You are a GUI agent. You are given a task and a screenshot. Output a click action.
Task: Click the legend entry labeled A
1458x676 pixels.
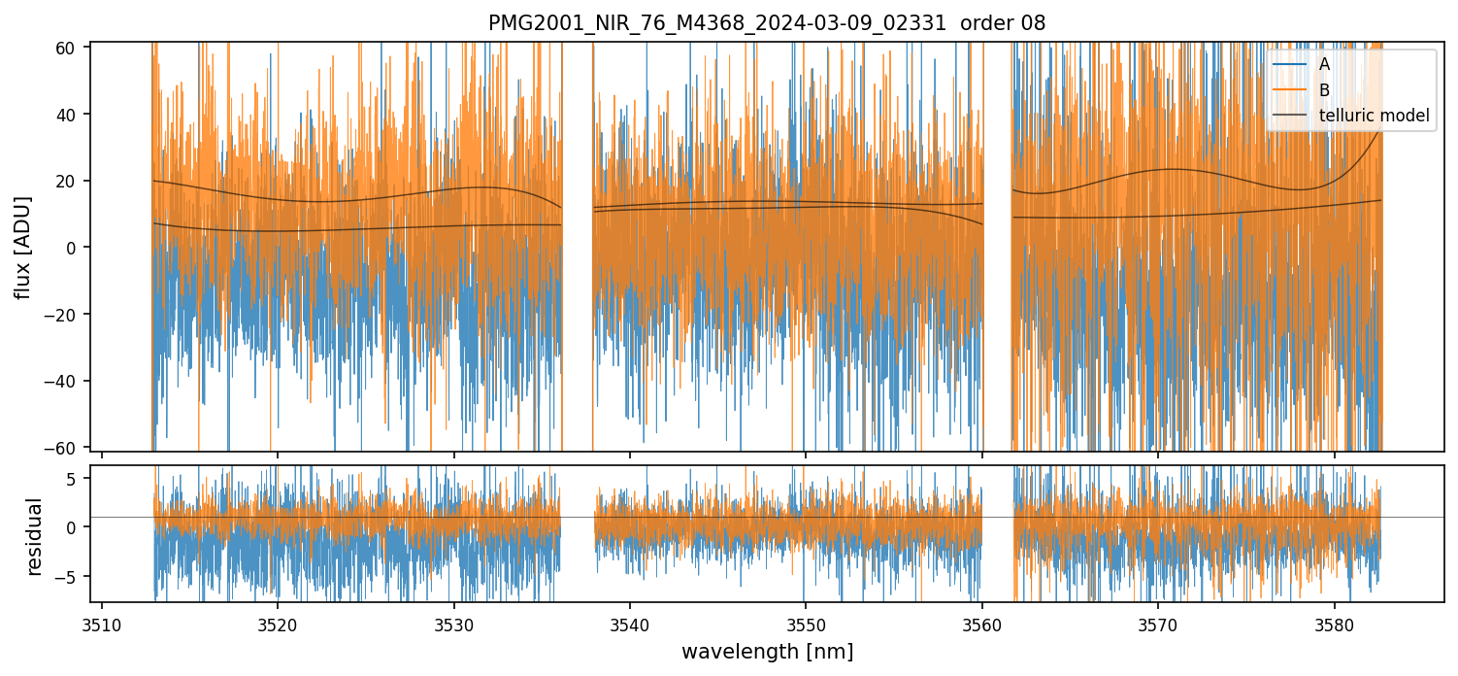(x=1325, y=64)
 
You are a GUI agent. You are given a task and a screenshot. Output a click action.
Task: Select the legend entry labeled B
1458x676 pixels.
(x=1325, y=89)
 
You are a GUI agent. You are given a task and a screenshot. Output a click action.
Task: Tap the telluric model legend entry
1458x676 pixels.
(x=1375, y=116)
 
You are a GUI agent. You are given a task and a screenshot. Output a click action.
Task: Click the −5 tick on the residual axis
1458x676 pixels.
(x=70, y=576)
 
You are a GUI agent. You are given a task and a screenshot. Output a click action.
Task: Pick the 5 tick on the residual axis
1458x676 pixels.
(x=74, y=477)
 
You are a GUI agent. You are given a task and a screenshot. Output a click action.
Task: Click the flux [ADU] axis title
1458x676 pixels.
(x=24, y=247)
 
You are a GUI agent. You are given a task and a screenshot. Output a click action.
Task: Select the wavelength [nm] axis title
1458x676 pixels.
(x=767, y=652)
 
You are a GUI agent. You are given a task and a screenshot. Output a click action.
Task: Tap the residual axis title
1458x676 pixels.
(x=35, y=536)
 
